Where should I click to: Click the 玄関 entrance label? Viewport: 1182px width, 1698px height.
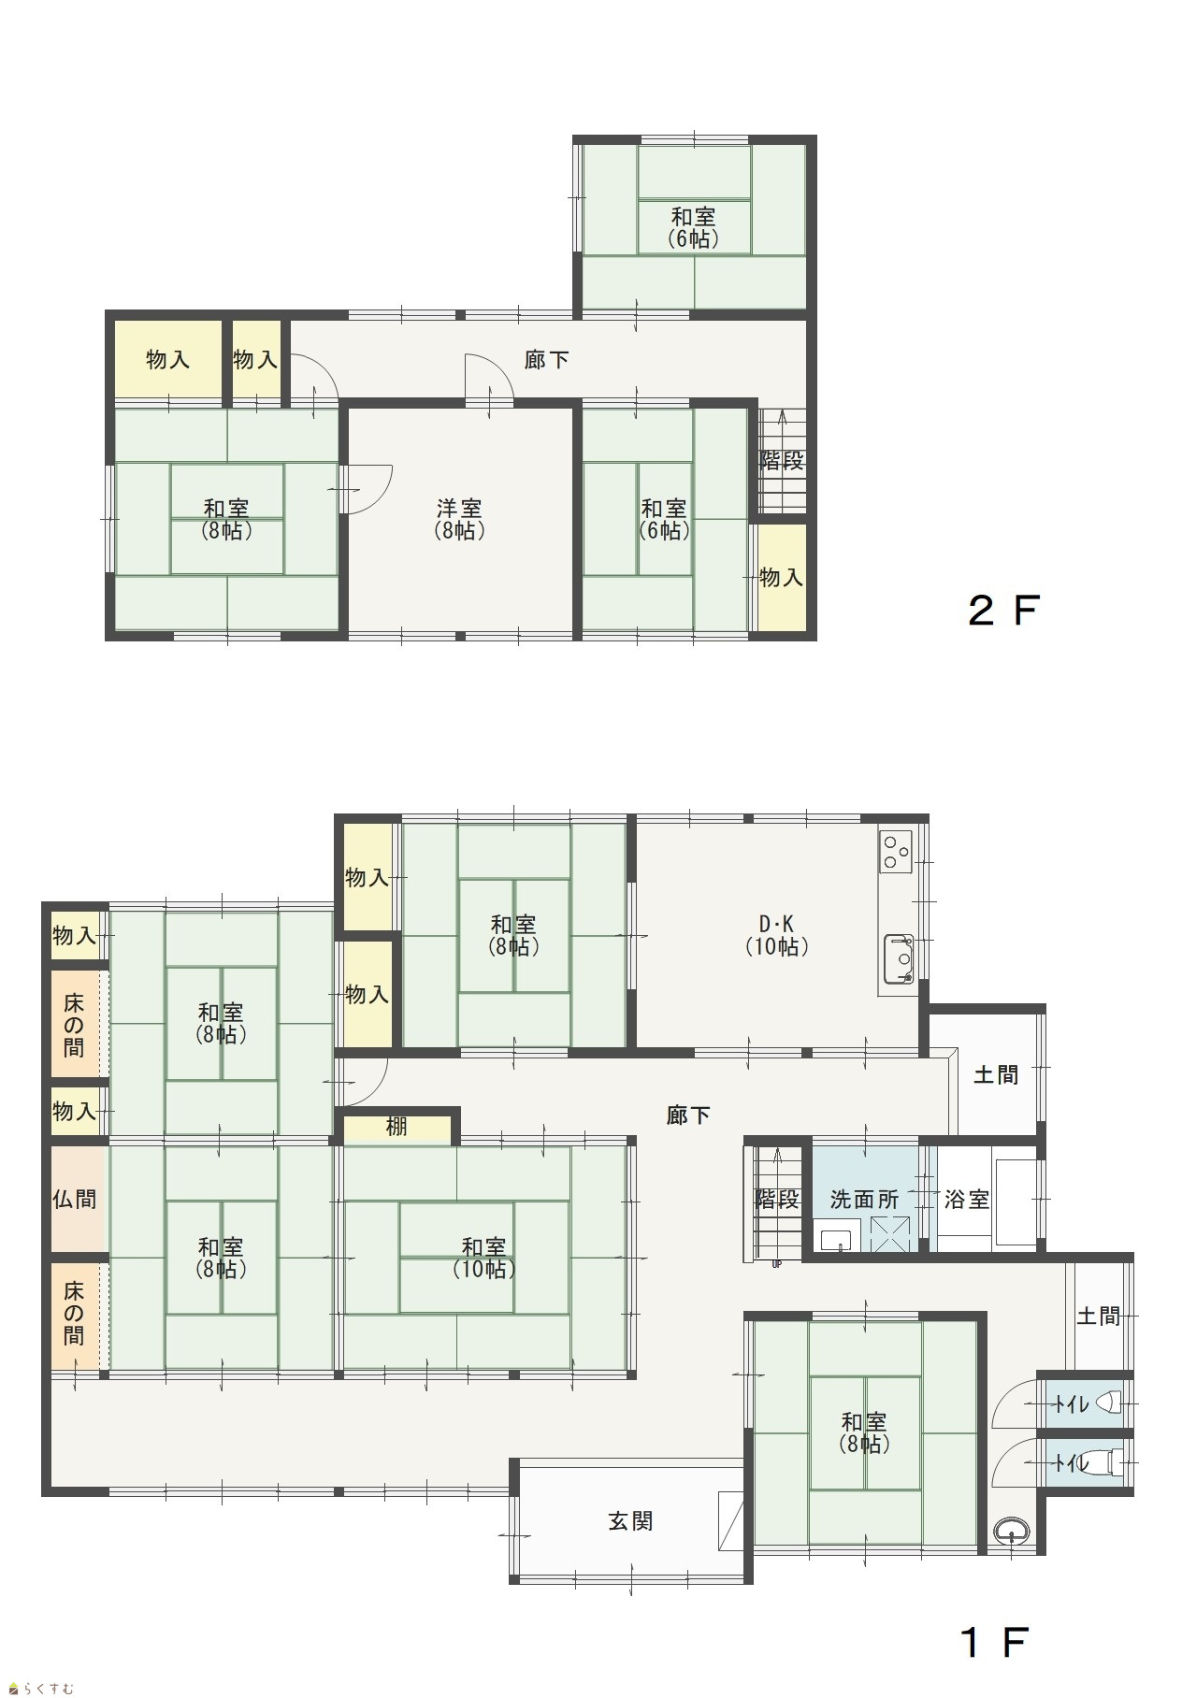[630, 1521]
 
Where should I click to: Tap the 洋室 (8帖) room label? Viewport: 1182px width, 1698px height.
[459, 519]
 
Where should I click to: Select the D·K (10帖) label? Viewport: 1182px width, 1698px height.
[776, 935]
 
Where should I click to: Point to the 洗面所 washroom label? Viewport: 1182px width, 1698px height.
[864, 1199]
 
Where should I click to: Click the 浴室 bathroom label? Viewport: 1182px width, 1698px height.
[966, 1199]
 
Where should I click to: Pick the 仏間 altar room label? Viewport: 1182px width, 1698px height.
[74, 1199]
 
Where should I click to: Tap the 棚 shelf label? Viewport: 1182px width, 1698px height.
[396, 1127]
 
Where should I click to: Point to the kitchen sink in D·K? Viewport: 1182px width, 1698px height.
[900, 958]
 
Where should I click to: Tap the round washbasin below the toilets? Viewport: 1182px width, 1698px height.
[1011, 1532]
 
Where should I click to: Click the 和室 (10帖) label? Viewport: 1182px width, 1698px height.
[484, 1258]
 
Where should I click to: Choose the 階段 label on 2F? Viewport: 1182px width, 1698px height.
[782, 460]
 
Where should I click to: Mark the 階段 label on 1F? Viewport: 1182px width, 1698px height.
[777, 1199]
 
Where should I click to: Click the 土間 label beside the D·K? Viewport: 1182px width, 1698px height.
[996, 1074]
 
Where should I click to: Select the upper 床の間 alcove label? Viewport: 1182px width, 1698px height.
[74, 1026]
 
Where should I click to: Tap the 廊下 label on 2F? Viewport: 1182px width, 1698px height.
[547, 359]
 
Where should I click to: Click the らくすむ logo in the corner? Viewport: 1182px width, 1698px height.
[40, 1688]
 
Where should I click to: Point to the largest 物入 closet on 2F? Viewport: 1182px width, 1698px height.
[168, 359]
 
